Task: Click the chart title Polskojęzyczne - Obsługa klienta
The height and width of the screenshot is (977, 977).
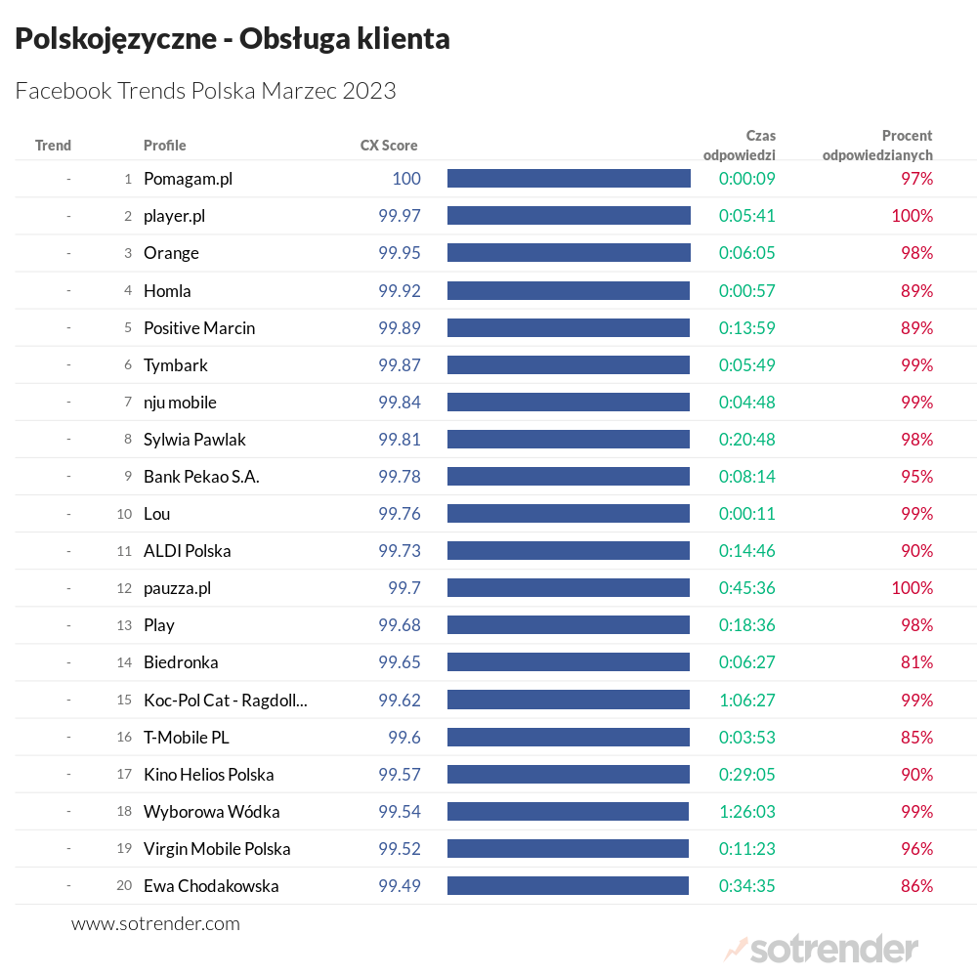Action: click(233, 39)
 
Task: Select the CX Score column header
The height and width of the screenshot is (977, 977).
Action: click(389, 146)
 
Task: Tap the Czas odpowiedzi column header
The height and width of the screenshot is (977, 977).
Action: click(740, 145)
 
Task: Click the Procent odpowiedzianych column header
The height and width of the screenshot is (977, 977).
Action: click(877, 145)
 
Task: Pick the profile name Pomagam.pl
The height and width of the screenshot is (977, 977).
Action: click(188, 179)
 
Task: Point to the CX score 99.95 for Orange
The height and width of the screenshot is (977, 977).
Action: click(400, 253)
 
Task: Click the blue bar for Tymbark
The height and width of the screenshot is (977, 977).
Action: click(569, 364)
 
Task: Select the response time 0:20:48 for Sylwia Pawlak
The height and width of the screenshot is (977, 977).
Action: click(747, 440)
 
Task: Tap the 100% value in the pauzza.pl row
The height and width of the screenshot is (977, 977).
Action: click(912, 588)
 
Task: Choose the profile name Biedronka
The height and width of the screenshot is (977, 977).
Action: click(181, 662)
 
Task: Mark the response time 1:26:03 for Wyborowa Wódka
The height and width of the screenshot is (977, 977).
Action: click(747, 812)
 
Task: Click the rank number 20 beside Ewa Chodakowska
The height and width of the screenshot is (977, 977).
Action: click(124, 886)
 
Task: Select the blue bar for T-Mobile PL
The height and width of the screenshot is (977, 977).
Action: click(569, 737)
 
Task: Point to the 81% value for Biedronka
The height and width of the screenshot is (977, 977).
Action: click(916, 662)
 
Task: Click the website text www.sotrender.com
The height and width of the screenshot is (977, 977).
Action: click(155, 923)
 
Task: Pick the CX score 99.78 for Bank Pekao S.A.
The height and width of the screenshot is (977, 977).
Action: click(400, 477)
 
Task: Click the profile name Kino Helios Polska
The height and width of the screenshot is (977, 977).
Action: click(208, 775)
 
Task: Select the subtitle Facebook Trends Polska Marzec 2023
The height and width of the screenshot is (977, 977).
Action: click(206, 91)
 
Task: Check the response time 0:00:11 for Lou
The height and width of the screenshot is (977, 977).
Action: click(747, 514)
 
